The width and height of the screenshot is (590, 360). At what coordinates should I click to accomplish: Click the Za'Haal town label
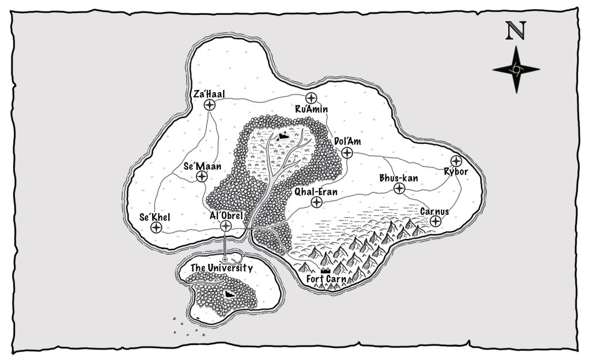pyautogui.click(x=209, y=93)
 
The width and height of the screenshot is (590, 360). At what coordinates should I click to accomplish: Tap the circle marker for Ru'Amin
pyautogui.click(x=312, y=97)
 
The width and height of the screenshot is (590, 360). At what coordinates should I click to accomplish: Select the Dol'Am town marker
pyautogui.click(x=347, y=153)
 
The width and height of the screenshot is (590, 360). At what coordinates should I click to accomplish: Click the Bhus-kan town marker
pyautogui.click(x=399, y=188)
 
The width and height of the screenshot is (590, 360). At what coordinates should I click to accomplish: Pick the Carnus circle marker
pyautogui.click(x=436, y=221)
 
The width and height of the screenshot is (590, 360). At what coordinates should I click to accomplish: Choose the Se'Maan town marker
pyautogui.click(x=202, y=177)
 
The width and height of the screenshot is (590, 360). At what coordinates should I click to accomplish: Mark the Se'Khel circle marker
pyautogui.click(x=156, y=228)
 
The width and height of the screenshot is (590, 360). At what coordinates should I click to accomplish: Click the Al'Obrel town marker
pyautogui.click(x=226, y=226)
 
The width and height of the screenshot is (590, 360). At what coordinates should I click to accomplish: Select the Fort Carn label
pyautogui.click(x=326, y=280)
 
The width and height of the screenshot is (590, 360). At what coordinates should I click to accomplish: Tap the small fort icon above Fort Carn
pyautogui.click(x=326, y=270)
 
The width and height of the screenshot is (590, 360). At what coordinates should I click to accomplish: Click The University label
pyautogui.click(x=222, y=268)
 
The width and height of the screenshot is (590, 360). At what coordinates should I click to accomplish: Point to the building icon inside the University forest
pyautogui.click(x=229, y=294)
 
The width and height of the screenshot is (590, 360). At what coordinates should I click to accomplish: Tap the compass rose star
pyautogui.click(x=516, y=69)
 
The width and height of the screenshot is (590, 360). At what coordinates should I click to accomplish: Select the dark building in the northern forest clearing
pyautogui.click(x=282, y=136)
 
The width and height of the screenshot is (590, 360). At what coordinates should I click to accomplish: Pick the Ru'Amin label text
pyautogui.click(x=311, y=109)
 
